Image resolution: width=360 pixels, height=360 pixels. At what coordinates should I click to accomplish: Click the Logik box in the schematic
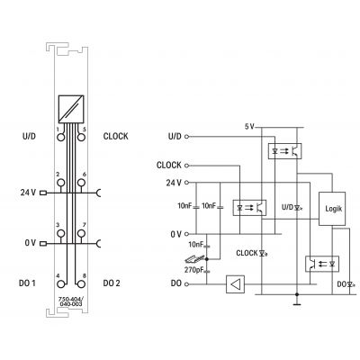[332, 209]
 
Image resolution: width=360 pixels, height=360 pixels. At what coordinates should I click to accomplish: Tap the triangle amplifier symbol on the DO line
[235, 284]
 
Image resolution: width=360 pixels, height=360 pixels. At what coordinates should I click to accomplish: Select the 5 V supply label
[249, 127]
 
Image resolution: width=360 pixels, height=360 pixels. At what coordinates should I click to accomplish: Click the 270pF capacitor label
[193, 270]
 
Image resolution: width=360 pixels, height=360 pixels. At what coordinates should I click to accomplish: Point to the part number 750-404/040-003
[71, 301]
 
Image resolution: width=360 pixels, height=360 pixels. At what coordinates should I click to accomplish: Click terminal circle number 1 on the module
[61, 137]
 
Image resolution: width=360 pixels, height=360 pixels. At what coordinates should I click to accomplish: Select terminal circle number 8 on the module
[80, 283]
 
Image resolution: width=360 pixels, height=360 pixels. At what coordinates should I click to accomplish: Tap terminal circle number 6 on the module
[80, 183]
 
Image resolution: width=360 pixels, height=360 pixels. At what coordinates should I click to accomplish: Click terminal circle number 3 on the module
[61, 233]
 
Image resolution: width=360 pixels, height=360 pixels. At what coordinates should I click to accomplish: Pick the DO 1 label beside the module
[27, 283]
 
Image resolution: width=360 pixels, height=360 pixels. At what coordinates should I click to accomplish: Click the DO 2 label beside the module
[112, 283]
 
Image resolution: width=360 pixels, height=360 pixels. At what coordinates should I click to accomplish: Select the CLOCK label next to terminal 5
[115, 136]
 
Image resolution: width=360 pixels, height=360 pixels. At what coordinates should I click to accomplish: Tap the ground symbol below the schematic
[297, 303]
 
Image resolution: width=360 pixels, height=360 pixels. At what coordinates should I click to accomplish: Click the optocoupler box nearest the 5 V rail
[284, 151]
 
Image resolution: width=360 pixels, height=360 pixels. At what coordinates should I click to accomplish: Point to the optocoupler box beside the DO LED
[322, 264]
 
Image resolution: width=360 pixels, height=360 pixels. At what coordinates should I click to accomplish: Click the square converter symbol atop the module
[71, 109]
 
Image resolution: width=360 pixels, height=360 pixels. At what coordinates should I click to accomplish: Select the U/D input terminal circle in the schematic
[187, 137]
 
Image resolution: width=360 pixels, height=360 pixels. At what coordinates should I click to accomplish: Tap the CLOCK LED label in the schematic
[252, 253]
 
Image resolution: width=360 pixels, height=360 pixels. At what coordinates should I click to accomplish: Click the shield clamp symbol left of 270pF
[195, 258]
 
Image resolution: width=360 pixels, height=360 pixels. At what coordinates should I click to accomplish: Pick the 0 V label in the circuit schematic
[175, 234]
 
